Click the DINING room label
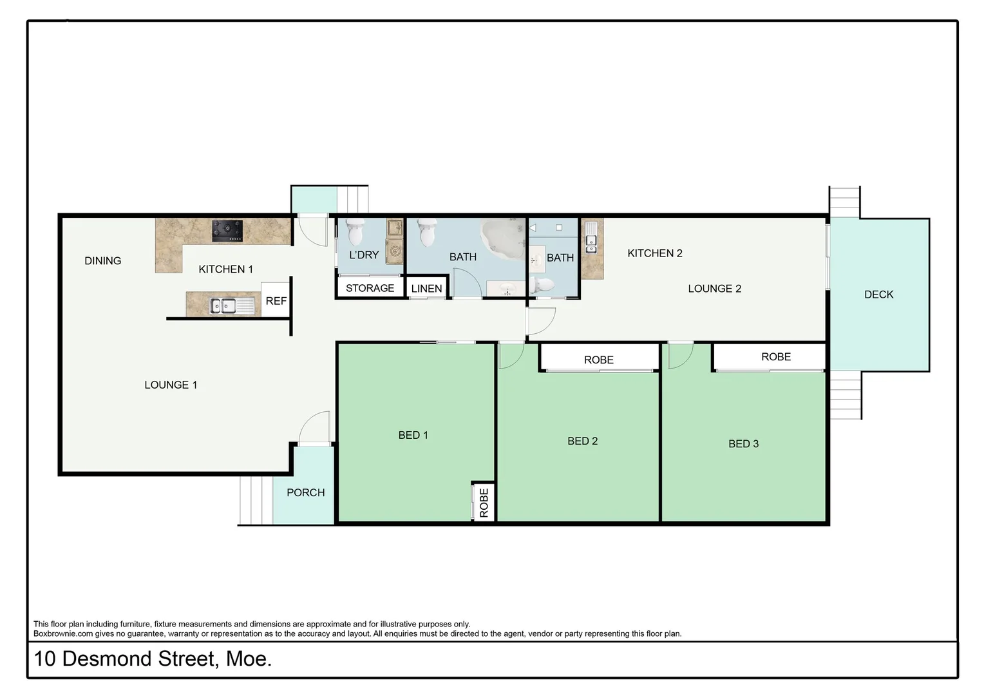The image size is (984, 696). [103, 261]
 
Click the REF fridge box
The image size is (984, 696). [276, 301]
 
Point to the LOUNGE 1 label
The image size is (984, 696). [171, 385]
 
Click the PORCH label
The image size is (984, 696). [305, 492]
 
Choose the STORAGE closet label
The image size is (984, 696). [370, 288]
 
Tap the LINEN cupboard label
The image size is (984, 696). [426, 289]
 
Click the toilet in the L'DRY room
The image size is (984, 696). [355, 233]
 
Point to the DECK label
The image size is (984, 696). [878, 295]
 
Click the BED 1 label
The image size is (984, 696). [413, 435]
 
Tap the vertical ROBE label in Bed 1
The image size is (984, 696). [484, 503]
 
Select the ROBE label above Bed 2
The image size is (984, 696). [598, 360]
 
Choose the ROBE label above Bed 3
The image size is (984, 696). [775, 357]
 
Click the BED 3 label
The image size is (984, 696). [743, 443]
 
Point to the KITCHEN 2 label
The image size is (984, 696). [654, 253]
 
